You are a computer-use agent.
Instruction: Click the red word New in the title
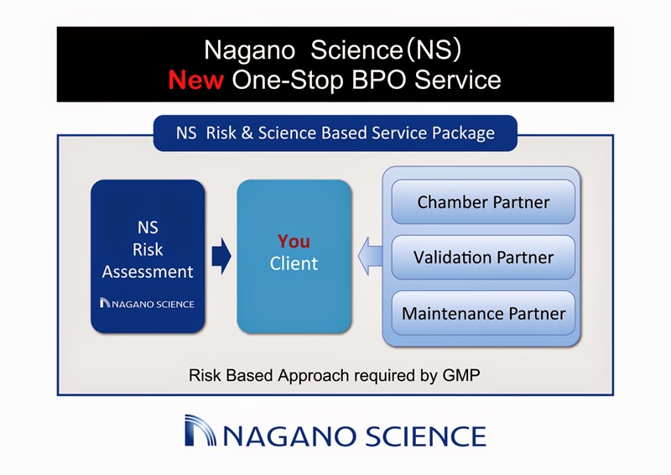point(195,80)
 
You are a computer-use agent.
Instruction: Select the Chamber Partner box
point(483,201)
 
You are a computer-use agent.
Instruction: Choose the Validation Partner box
point(483,258)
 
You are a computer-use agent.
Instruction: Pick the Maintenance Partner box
point(483,313)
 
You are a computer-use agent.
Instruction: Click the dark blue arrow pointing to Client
point(221,257)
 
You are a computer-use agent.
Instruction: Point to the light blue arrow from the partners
point(370,257)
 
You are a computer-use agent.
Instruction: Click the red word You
point(294,242)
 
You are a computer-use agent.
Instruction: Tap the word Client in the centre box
point(294,264)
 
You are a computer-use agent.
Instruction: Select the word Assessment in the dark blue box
point(148,272)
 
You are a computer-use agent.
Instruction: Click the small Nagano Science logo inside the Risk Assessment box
point(147,303)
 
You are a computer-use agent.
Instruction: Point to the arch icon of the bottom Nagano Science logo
point(200,431)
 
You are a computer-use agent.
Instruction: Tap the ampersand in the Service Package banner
point(247,133)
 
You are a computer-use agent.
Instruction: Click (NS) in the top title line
point(434,50)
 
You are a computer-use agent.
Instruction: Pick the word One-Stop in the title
point(288,80)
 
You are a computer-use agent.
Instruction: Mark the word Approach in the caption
point(314,376)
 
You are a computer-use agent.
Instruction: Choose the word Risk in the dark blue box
point(148,250)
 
